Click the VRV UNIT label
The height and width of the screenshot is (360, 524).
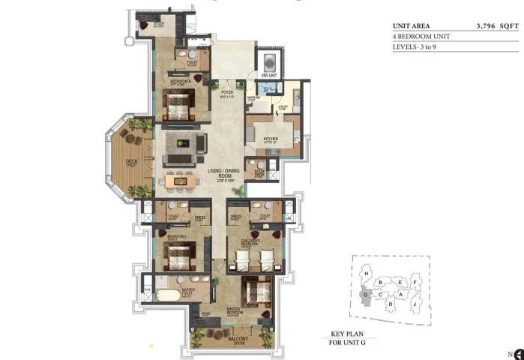[269, 76]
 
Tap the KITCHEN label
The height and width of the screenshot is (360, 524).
[271, 139]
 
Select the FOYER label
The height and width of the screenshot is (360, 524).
[228, 92]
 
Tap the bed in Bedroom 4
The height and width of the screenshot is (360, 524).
[179, 104]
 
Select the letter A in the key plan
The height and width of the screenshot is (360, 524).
[400, 295]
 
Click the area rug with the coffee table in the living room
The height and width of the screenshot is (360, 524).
[184, 143]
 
